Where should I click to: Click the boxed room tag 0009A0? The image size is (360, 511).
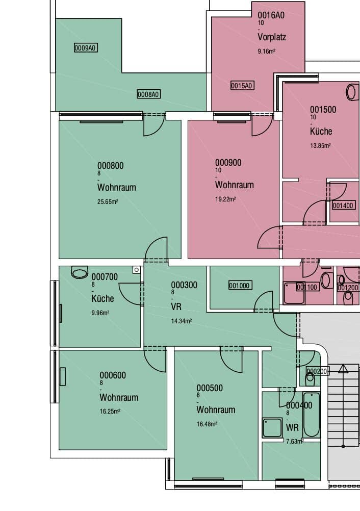point(86,48)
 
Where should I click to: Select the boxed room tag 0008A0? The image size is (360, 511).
point(149,94)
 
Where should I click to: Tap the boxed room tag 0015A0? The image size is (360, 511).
point(242,85)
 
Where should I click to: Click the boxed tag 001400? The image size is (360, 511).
point(343,206)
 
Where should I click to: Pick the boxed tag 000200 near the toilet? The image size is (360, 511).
point(317,371)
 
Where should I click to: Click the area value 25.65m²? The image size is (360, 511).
point(108,201)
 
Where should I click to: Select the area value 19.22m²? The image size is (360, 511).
point(225,199)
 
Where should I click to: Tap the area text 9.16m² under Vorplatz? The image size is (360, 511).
point(267,51)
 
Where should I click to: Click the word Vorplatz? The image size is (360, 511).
point(272,37)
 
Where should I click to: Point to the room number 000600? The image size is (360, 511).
point(113,375)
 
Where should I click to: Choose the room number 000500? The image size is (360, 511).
point(210,388)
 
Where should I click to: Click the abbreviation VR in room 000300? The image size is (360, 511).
point(176,306)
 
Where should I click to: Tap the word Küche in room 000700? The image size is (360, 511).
point(102,298)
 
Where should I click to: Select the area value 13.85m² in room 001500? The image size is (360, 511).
point(320,145)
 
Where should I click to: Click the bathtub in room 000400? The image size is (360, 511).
point(312,415)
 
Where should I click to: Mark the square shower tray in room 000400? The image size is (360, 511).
point(272,428)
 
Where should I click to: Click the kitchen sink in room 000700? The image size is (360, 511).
point(80,272)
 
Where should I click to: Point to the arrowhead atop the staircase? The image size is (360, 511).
point(343,369)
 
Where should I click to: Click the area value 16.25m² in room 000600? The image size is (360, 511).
point(110,411)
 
